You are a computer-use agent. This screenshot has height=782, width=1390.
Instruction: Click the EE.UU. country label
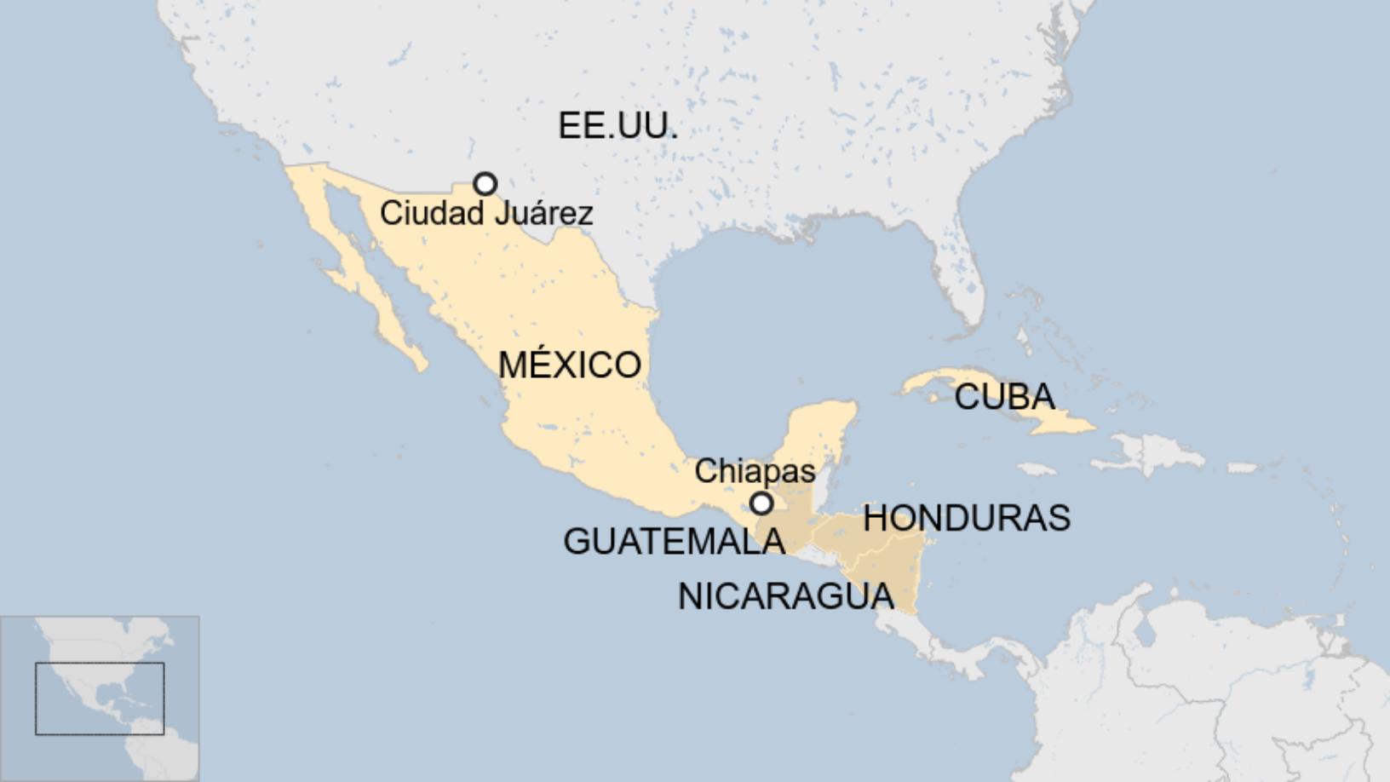(617, 126)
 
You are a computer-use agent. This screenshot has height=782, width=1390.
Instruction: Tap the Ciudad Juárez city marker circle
(485, 184)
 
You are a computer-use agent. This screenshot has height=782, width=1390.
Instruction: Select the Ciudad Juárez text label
(486, 213)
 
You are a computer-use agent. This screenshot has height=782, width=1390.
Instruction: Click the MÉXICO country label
(569, 365)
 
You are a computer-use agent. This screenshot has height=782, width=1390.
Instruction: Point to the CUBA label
(1004, 397)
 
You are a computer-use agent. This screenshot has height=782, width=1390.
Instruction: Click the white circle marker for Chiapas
(761, 503)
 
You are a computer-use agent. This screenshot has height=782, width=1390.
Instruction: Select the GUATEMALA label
(674, 541)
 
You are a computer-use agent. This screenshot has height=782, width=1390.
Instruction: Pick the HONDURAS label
(966, 518)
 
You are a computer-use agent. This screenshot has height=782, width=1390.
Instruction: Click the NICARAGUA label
(785, 596)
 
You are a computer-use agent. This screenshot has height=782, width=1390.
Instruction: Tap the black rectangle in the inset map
(100, 699)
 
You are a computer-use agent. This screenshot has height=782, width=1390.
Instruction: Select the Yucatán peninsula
(822, 434)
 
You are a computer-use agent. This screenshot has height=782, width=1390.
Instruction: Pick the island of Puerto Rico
(1243, 468)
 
